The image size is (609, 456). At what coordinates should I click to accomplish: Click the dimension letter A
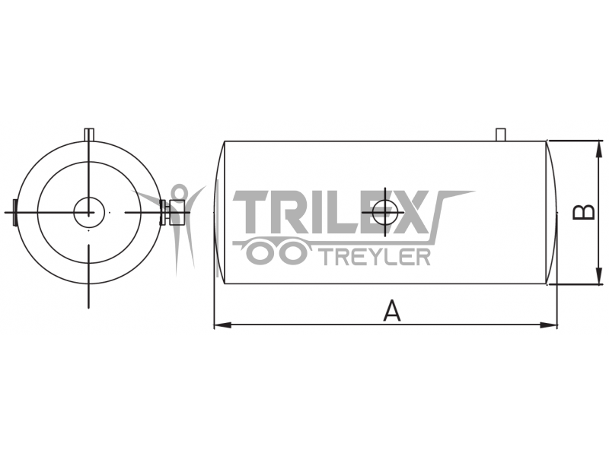point(391,310)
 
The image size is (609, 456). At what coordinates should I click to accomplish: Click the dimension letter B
point(583,211)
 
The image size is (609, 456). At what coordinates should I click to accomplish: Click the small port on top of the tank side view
point(501,135)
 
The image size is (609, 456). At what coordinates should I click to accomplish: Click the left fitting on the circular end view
point(14,212)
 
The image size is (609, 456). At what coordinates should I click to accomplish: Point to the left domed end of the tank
point(219,213)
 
